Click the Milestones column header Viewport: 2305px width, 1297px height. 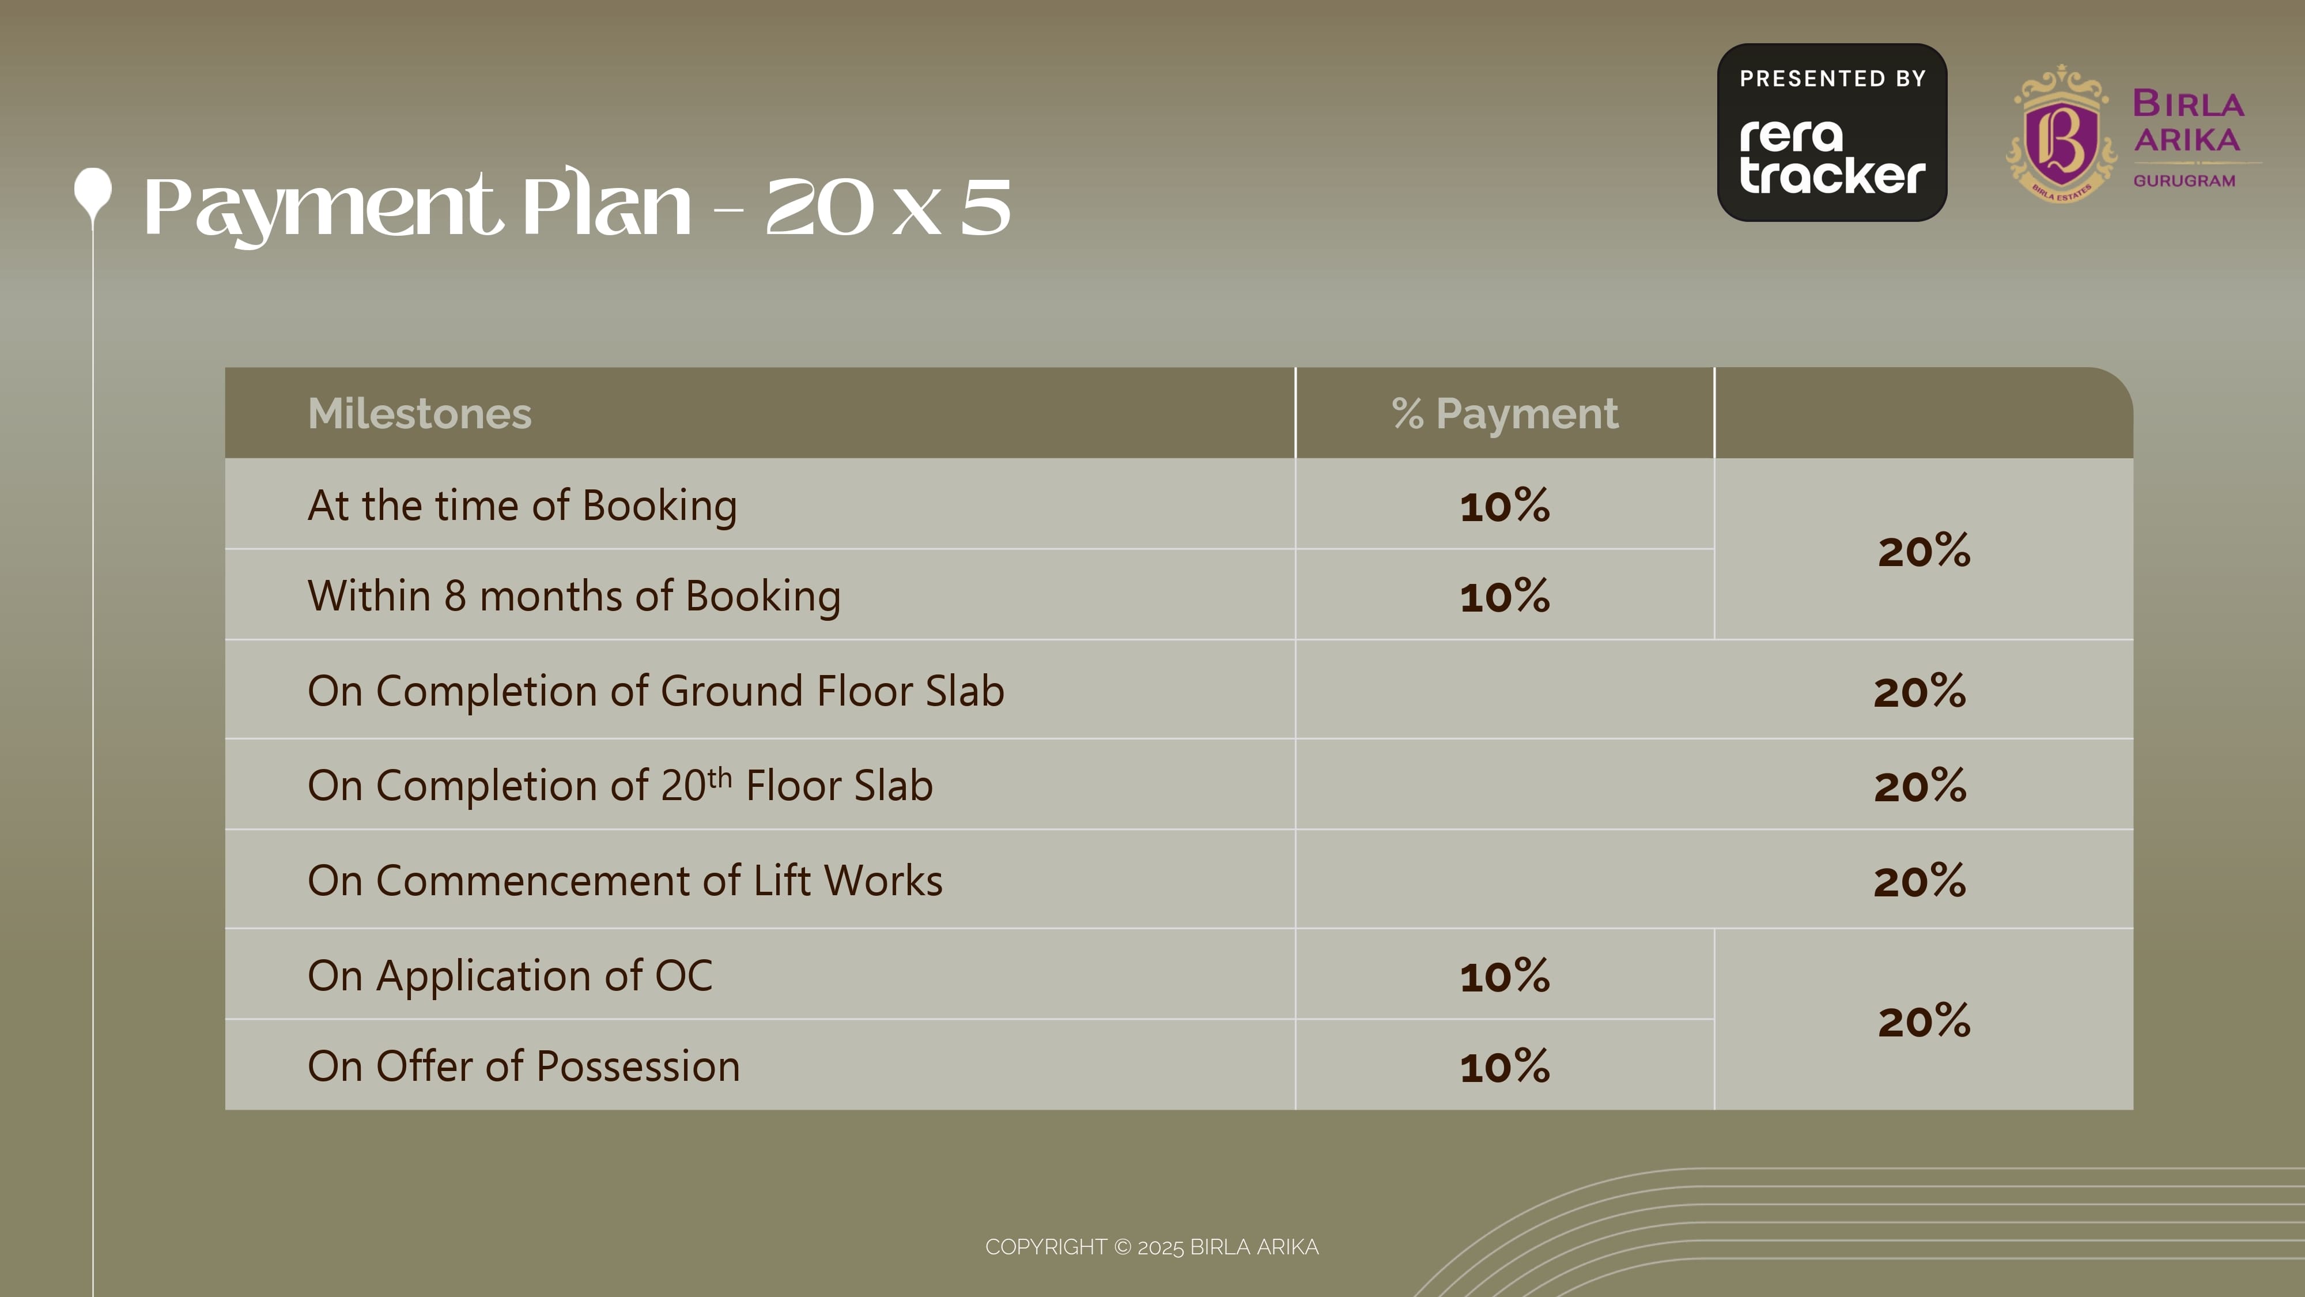420,413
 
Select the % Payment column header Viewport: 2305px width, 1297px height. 1505,413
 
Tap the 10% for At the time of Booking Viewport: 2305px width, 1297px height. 1505,507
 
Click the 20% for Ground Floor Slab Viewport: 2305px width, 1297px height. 1920,692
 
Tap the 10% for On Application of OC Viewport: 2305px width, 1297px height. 1505,976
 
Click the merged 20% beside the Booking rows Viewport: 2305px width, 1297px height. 1924,551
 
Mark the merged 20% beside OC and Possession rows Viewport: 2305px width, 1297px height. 1924,1021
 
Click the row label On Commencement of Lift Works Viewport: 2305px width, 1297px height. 625,881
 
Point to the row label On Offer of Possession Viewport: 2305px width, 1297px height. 523,1066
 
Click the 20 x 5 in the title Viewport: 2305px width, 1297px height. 889,208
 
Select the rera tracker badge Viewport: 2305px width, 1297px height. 1832,133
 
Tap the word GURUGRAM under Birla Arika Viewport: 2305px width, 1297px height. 2184,181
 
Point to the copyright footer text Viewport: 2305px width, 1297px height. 1151,1247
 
